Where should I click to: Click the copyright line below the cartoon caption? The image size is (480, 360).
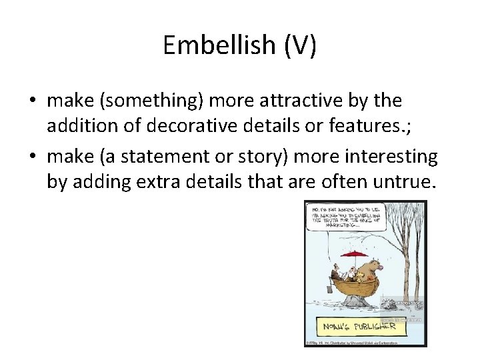(353, 343)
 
